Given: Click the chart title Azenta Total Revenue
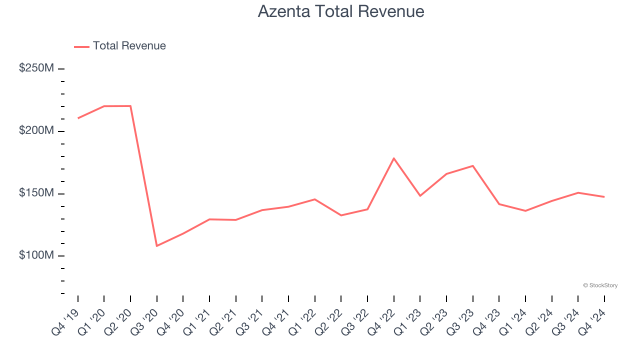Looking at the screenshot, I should click(341, 11).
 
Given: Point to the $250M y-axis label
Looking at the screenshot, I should click(36, 68).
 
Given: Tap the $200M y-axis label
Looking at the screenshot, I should click(36, 130).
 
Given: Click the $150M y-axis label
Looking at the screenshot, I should click(36, 193).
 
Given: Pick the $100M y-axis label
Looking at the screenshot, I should click(36, 255).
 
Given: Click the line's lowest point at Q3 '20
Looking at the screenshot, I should click(157, 246).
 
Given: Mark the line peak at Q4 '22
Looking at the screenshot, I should click(394, 158).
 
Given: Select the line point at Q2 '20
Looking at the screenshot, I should click(130, 106).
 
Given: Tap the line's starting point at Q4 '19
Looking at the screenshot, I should click(78, 118).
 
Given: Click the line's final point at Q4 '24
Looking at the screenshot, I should click(604, 197).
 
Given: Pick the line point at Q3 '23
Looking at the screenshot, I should click(473, 165).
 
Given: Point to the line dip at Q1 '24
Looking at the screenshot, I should click(525, 211).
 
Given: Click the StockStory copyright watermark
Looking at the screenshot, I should click(600, 285).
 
